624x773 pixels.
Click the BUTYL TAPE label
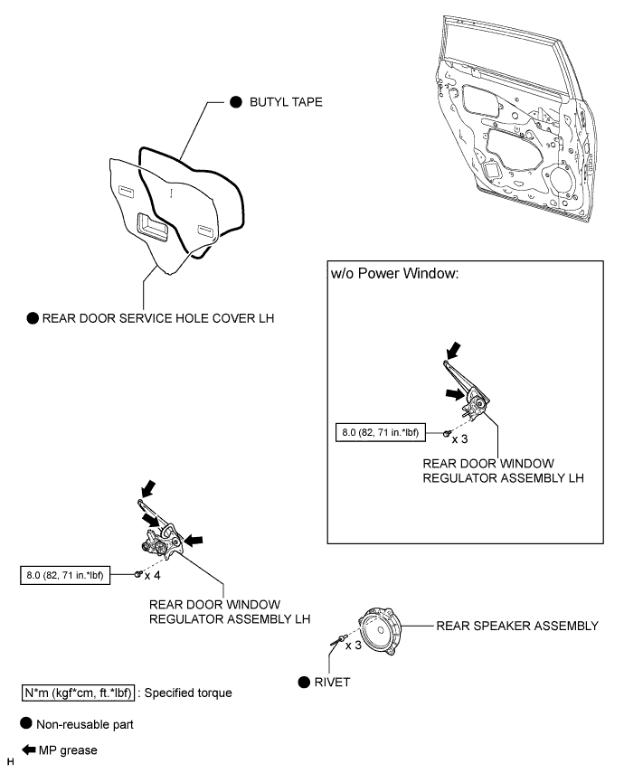click(285, 105)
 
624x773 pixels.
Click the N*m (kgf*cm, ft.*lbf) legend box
click(73, 693)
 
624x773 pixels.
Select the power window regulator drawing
click(163, 539)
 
